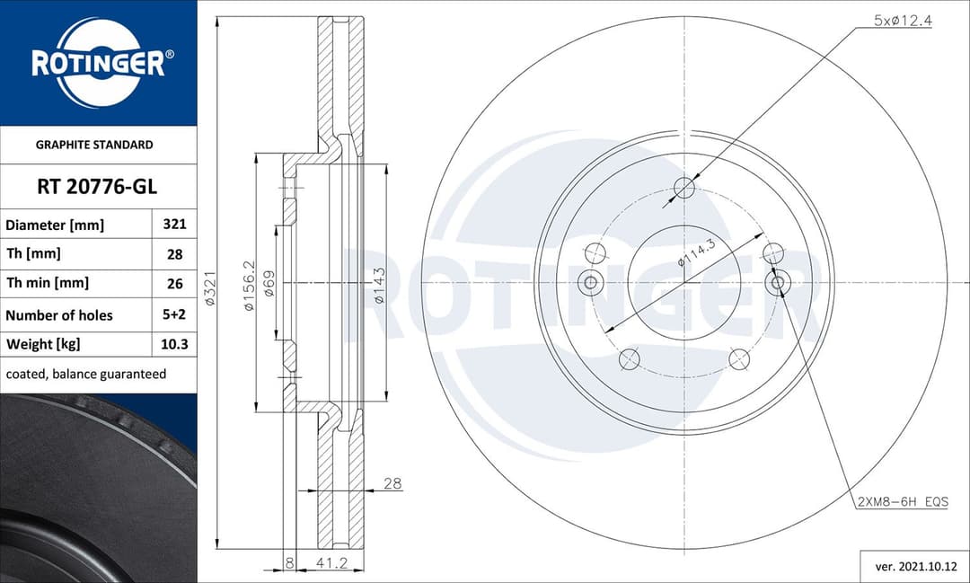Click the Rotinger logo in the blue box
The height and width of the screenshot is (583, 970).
[98, 63]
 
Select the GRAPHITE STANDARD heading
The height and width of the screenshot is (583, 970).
[94, 145]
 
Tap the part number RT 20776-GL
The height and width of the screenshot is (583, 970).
[97, 187]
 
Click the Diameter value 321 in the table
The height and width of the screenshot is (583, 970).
[174, 225]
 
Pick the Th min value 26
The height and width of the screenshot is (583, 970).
[174, 283]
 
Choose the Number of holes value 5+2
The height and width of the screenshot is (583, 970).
[174, 315]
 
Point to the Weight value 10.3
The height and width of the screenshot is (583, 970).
[174, 344]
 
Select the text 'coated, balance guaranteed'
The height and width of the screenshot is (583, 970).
[86, 374]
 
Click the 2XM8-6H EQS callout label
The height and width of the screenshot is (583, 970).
[901, 501]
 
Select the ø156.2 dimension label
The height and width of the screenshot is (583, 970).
[251, 286]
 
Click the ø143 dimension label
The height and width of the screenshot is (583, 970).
[379, 286]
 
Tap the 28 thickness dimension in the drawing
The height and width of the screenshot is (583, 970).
[392, 483]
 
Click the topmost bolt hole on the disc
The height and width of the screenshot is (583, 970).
[684, 188]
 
